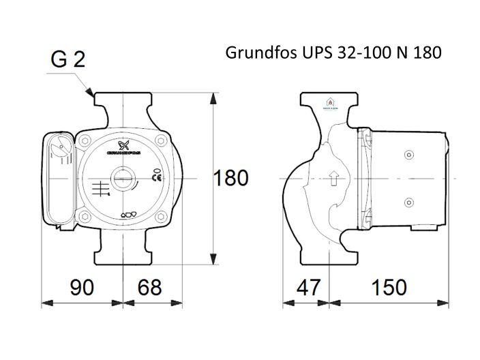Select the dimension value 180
(231, 178)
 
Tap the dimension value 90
(82, 287)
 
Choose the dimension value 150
(389, 287)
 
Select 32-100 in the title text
(359, 53)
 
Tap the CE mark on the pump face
(155, 176)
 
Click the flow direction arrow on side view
(333, 180)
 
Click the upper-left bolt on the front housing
(85, 142)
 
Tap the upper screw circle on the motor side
(409, 154)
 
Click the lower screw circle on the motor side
(409, 202)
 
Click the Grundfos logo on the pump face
(124, 147)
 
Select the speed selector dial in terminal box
(61, 147)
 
